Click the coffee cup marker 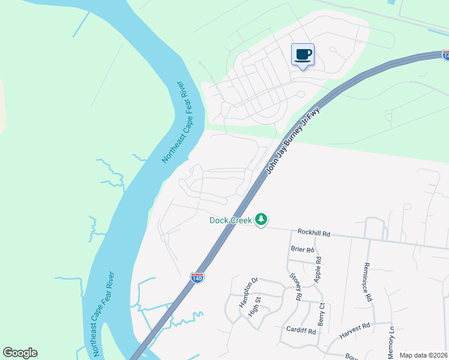(303, 55)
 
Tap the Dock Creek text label (231, 220)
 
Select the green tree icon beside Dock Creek (261, 220)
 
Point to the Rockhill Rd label (314, 232)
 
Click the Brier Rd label (302, 250)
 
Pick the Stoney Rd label (295, 286)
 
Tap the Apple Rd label (319, 270)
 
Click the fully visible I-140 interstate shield (196, 277)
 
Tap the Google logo (20, 353)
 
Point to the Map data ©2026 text (423, 355)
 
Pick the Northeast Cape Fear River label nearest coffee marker (176, 121)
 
